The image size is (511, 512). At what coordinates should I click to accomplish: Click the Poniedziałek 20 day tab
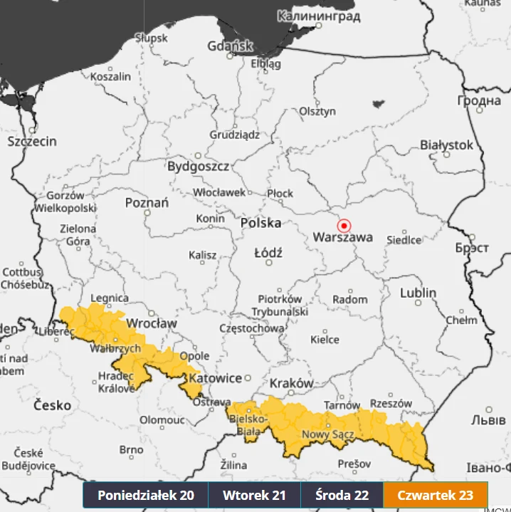(145, 495)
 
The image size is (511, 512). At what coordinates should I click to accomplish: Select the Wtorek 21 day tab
(254, 495)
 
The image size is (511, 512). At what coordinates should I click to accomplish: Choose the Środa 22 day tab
(342, 495)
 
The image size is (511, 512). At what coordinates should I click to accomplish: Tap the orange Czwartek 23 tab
(435, 495)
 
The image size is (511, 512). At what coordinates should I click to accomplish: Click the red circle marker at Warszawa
(344, 224)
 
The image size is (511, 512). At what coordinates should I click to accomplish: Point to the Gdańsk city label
(230, 46)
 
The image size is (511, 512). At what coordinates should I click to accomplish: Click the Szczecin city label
(32, 141)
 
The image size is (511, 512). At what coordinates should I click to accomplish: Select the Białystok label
(446, 145)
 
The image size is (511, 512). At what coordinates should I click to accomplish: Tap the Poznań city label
(147, 203)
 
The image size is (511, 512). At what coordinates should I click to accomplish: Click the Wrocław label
(151, 323)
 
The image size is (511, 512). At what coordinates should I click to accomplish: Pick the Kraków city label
(291, 383)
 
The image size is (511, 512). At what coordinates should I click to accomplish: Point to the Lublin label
(418, 293)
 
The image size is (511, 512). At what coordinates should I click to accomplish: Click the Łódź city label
(268, 253)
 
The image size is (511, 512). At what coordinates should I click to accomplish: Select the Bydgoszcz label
(198, 167)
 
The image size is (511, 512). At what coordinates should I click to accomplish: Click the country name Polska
(260, 223)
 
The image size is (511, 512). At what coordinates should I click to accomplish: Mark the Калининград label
(319, 16)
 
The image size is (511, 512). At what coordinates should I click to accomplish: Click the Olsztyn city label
(317, 111)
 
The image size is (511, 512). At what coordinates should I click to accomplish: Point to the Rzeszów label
(391, 403)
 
